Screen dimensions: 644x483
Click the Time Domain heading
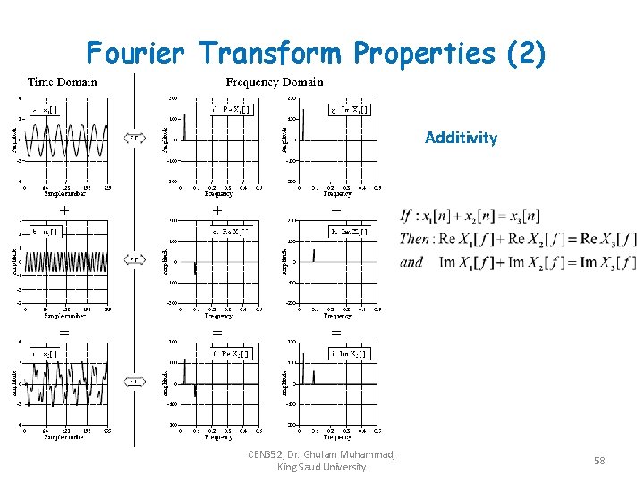coord(63,82)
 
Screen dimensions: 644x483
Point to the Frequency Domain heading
coord(275,82)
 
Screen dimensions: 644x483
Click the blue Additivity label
coord(461,138)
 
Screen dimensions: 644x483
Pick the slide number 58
coord(599,460)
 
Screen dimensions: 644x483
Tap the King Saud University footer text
coord(322,467)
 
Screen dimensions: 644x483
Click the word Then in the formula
coord(413,239)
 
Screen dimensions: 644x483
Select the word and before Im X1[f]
coord(411,262)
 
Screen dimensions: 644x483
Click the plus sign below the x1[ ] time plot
coord(64,209)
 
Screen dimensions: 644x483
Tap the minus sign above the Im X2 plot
coord(335,209)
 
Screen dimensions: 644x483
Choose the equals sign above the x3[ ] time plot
coord(64,331)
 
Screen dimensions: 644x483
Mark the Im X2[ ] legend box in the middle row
coord(349,233)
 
